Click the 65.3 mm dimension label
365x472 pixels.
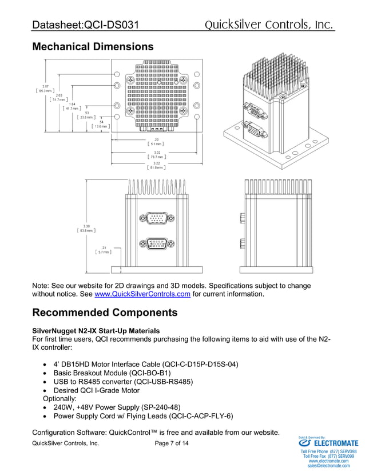tap(46, 90)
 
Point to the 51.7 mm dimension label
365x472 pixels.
tap(59, 99)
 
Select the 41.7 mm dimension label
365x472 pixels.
tap(72, 108)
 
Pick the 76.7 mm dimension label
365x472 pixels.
tap(156, 156)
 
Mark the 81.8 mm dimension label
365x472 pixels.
tap(156, 167)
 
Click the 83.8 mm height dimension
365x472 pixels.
tap(86, 230)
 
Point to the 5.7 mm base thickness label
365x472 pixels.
tap(104, 251)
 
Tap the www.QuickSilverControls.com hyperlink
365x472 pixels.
tap(142, 295)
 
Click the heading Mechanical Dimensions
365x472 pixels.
tap(93, 46)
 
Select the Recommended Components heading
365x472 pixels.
tap(105, 313)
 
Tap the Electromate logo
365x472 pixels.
tap(330, 443)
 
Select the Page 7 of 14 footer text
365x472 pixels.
tap(171, 443)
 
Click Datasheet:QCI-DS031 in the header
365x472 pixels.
tap(86, 25)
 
